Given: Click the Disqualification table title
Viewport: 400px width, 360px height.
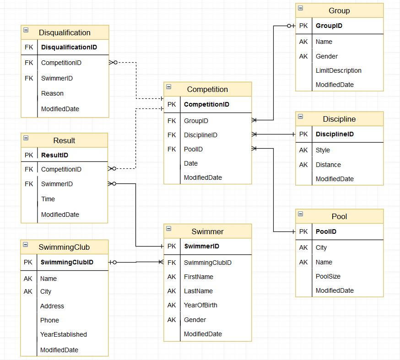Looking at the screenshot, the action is tap(65, 32).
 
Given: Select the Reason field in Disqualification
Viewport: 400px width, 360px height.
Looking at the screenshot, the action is tap(52, 93).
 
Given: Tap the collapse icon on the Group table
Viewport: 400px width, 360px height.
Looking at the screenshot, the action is tap(301, 8).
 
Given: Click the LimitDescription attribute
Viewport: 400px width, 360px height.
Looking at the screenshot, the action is tap(339, 70).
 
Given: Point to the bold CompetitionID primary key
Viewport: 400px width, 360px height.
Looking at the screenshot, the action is tap(206, 104).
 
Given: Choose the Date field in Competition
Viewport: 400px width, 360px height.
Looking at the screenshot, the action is tap(191, 163).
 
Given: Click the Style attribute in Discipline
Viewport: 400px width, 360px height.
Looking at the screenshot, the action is tap(323, 150).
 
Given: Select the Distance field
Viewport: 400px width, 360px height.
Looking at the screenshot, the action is tap(328, 165).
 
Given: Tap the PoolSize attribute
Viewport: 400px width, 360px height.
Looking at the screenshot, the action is tap(328, 276).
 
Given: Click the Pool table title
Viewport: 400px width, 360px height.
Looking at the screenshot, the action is tap(339, 216).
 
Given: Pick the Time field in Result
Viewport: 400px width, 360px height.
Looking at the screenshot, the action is tap(48, 199).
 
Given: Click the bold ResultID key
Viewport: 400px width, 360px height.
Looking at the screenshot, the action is tap(54, 155).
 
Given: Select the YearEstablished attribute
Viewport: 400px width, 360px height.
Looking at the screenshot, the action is tap(64, 334).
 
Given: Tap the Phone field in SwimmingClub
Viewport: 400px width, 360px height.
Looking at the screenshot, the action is tap(49, 320).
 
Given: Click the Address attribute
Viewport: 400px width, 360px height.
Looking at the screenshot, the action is tap(52, 306).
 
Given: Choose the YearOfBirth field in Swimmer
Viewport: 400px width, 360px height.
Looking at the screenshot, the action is tap(200, 305).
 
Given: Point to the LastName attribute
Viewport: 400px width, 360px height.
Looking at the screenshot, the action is tap(198, 291).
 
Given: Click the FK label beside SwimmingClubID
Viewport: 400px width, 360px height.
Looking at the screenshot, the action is tap(172, 263).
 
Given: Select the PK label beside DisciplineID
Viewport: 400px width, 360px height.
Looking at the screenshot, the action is tap(303, 134).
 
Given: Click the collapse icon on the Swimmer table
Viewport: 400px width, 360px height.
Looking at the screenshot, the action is tap(168, 228).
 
